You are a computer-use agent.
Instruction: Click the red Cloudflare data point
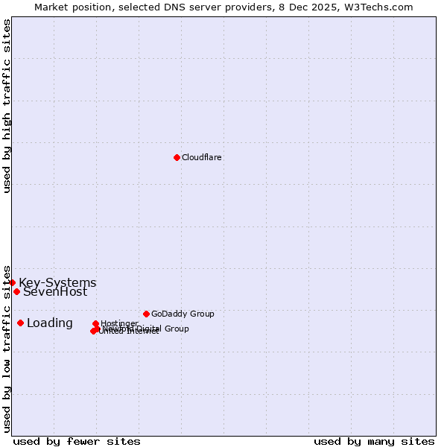(x=177, y=157)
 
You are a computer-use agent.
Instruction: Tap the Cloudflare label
(x=201, y=157)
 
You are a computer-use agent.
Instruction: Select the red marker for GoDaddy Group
(x=146, y=314)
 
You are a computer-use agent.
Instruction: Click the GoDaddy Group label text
(x=183, y=314)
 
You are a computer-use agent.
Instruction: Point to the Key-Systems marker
(x=13, y=282)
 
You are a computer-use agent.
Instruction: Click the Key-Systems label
(x=57, y=283)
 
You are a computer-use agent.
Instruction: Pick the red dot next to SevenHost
(x=16, y=291)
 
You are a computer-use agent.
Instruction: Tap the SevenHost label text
(x=55, y=292)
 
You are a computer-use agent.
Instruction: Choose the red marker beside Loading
(x=20, y=323)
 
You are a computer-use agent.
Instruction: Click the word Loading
(x=50, y=323)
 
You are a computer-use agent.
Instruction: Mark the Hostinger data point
(x=95, y=323)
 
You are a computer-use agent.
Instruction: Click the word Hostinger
(x=119, y=323)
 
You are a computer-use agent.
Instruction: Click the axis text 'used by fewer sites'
(x=77, y=441)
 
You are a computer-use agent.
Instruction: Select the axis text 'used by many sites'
(x=374, y=441)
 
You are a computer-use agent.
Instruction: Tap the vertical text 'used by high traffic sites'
(x=7, y=106)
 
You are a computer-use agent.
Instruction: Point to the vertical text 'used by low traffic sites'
(x=7, y=348)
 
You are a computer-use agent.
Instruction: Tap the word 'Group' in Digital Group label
(x=176, y=329)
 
